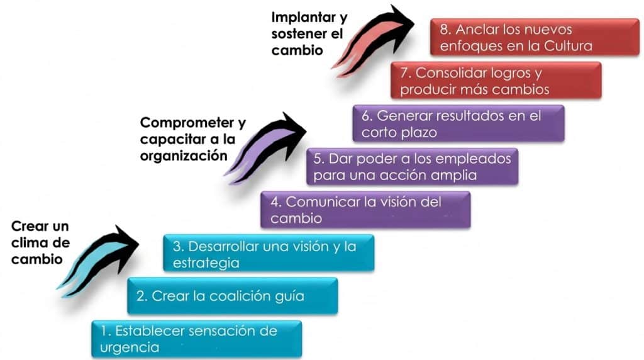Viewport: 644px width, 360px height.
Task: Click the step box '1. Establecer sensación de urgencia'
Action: coord(197,339)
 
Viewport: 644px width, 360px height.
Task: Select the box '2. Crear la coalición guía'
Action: coord(233,296)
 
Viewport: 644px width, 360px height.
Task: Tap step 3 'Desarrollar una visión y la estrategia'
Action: coord(269,253)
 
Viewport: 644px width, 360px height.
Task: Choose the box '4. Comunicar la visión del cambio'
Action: coord(365,210)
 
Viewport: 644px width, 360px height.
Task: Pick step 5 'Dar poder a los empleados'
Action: coord(413,166)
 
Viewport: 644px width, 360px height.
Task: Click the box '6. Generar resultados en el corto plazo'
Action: coord(458,123)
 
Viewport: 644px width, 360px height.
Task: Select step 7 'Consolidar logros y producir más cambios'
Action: coord(496,80)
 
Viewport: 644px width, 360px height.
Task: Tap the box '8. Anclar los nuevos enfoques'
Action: coord(535,37)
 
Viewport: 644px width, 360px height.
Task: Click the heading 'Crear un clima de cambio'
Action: coord(40,242)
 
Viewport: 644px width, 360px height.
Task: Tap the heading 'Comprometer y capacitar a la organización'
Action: coord(192,139)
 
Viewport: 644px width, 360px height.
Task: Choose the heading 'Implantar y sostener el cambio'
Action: coord(309,34)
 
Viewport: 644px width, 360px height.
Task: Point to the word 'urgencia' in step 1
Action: coord(130,347)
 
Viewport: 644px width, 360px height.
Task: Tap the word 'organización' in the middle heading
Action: coord(184,156)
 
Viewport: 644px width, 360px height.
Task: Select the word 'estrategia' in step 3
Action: coord(206,263)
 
